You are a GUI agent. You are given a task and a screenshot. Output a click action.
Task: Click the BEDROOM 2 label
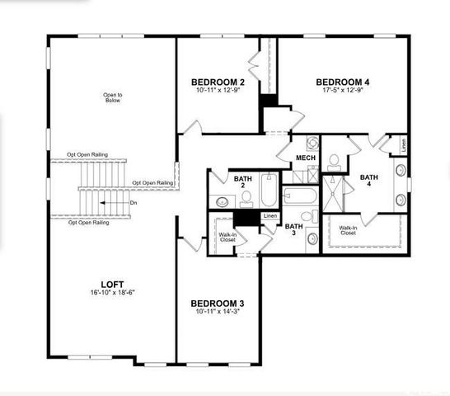click(x=218, y=82)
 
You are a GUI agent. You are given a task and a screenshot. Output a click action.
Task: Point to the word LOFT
click(x=113, y=281)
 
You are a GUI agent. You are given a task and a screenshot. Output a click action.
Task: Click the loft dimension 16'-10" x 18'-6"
click(x=113, y=292)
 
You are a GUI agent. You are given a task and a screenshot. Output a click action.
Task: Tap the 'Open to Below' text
click(x=113, y=100)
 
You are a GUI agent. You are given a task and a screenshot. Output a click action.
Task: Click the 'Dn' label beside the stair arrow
click(x=133, y=203)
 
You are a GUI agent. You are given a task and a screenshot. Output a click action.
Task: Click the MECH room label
click(x=305, y=158)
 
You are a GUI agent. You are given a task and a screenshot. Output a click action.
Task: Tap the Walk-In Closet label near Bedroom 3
click(x=228, y=238)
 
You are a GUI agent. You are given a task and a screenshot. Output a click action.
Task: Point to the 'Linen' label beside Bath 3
click(x=270, y=216)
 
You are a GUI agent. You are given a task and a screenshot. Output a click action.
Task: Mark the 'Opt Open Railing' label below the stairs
click(x=88, y=223)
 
